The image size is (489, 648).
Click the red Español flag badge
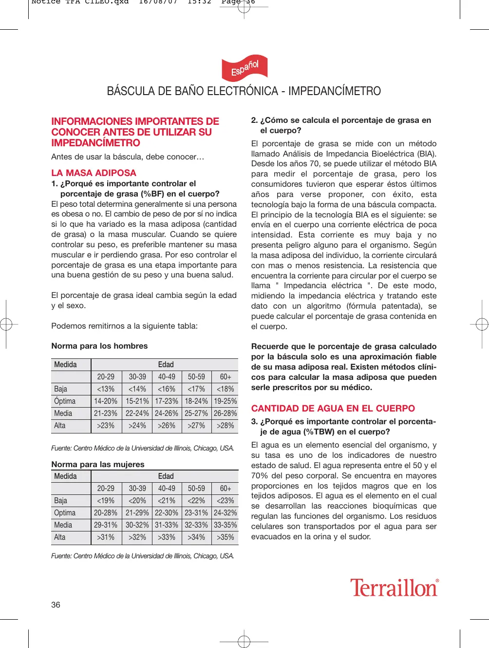point(244,68)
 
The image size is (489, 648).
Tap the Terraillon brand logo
point(394,588)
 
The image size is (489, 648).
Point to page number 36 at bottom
point(56,605)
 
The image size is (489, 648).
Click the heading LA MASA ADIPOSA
point(94,173)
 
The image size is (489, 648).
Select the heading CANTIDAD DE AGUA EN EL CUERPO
point(333,408)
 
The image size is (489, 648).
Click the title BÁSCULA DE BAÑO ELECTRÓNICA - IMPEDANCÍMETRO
point(244,91)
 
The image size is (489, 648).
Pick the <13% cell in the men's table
point(106,389)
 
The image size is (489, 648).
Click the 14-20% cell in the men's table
point(106,401)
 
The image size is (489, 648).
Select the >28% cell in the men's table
point(225,426)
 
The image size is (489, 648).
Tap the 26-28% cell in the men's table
point(225,413)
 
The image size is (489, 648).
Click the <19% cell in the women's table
point(106,501)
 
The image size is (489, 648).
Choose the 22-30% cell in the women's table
point(167,513)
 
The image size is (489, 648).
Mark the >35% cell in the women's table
point(225,537)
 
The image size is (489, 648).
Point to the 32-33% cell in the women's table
point(196,525)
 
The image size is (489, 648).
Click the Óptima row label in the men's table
point(65,401)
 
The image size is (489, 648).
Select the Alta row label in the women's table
point(60,537)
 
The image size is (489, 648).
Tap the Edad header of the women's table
point(166,476)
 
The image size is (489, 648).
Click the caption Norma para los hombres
point(99,346)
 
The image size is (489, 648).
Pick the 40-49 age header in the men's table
point(167,377)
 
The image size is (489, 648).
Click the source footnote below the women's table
point(142,556)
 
